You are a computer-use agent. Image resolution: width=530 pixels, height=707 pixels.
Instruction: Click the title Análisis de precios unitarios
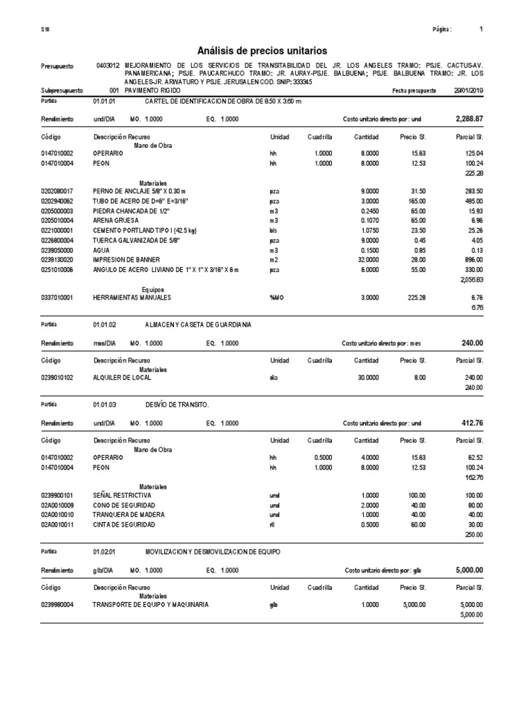click(x=262, y=50)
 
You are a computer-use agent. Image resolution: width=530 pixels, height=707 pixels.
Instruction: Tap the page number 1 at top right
click(x=481, y=30)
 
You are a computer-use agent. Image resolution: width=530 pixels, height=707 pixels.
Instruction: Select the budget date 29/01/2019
click(x=469, y=90)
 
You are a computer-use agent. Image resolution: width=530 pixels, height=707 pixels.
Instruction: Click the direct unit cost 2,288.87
click(x=469, y=119)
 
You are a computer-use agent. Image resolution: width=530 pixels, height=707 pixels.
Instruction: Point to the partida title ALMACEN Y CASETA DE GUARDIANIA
click(x=198, y=324)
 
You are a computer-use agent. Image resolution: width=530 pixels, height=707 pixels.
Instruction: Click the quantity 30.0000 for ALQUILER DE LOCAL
click(x=366, y=378)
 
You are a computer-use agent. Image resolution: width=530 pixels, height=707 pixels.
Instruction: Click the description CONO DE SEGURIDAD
click(x=124, y=505)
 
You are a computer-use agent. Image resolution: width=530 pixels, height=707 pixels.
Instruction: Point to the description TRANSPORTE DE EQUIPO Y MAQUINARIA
click(x=150, y=605)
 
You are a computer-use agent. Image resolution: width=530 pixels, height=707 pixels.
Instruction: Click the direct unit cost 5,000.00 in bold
click(x=469, y=570)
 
